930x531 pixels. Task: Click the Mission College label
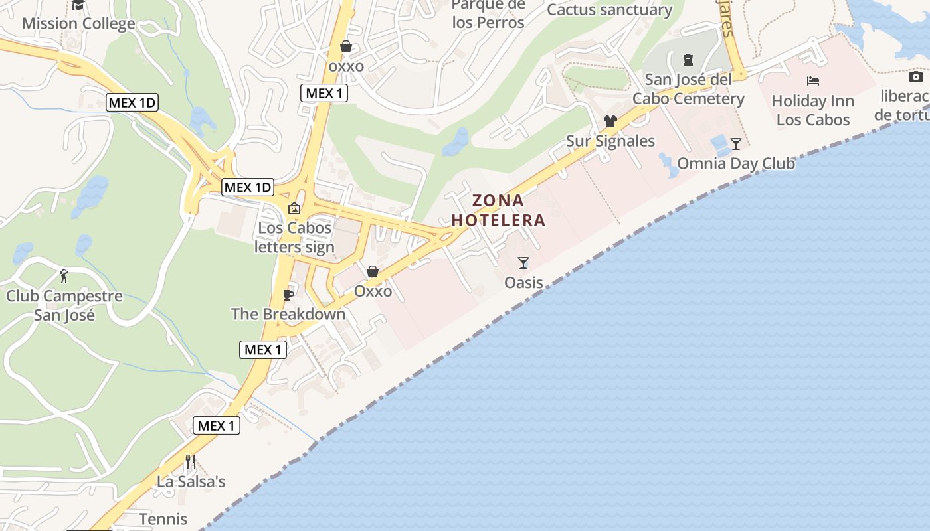pos(78,23)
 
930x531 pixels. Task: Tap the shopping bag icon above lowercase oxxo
pos(346,46)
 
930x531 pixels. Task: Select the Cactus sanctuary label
pos(609,10)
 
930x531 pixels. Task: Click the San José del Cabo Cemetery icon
pos(688,60)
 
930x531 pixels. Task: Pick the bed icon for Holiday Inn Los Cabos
pos(813,81)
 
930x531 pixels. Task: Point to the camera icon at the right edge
pos(916,76)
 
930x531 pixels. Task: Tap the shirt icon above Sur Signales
pos(610,121)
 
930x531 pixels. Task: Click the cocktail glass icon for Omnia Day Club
pos(735,143)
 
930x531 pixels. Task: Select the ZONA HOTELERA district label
pos(498,210)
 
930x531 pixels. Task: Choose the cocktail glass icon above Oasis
pos(523,263)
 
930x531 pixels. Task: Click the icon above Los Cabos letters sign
pos(294,208)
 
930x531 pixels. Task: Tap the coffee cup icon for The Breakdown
pos(288,294)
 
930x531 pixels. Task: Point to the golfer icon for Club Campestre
pos(64,275)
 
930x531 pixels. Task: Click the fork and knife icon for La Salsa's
pos(191,461)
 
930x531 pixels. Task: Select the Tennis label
pos(163,518)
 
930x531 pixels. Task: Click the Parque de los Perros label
pos(488,13)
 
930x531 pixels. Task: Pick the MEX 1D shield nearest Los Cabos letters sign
pos(248,187)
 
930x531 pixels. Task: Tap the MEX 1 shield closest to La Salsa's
pos(217,425)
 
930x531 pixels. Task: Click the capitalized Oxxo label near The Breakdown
pos(373,291)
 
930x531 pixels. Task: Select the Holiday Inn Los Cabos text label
pos(812,111)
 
